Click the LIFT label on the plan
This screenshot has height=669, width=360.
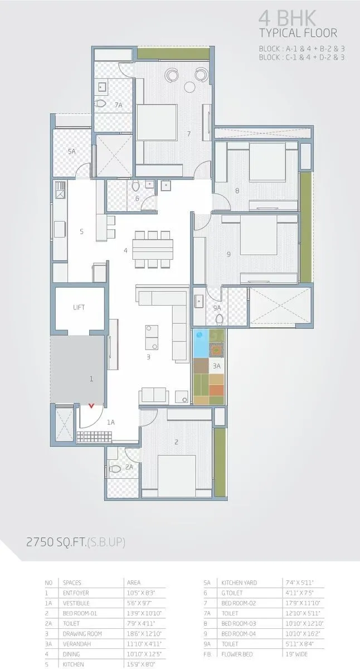coord(79,307)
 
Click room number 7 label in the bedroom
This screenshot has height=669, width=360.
coord(189,133)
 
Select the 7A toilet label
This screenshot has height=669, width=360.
coord(118,105)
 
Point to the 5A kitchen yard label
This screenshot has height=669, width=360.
coord(71,151)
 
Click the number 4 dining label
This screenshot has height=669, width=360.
coord(125,251)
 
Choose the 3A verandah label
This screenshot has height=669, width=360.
coord(216,366)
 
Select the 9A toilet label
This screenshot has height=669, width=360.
coord(217,307)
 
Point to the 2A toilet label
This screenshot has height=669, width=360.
coord(129,467)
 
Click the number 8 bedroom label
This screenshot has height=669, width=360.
coord(237,191)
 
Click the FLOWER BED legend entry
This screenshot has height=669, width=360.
coord(239,654)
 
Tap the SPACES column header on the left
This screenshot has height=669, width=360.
coord(72,582)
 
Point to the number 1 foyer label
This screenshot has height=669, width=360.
coord(91,379)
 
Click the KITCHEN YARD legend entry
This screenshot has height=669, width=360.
coord(240,582)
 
